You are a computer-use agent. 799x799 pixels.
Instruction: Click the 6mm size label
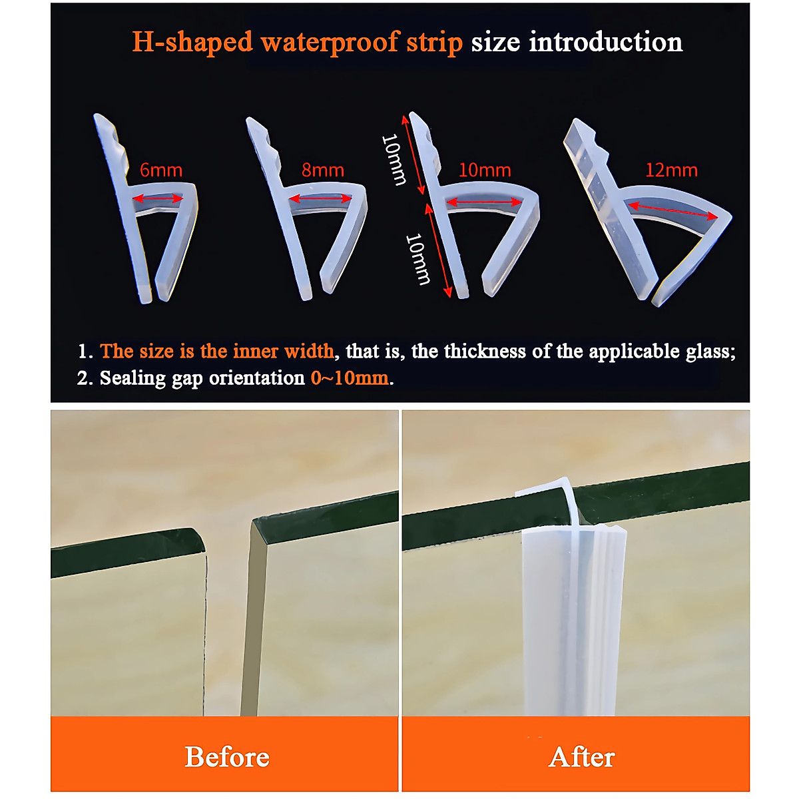(x=161, y=170)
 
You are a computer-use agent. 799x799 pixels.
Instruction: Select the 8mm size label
(x=323, y=170)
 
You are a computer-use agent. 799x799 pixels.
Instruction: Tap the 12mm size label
(x=671, y=170)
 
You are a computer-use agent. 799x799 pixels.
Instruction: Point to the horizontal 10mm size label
(x=485, y=170)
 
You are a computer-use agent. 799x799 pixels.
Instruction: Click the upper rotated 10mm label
(x=394, y=160)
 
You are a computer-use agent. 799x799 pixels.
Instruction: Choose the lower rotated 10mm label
(x=418, y=258)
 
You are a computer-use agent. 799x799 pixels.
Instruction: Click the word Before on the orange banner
(x=227, y=757)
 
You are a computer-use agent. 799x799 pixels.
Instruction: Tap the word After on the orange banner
(x=582, y=757)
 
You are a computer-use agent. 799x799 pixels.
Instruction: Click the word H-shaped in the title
(x=193, y=42)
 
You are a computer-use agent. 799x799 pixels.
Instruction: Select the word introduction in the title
(x=606, y=42)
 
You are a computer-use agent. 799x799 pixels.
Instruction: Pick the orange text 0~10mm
(x=350, y=378)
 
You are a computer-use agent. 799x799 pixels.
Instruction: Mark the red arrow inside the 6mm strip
(x=158, y=198)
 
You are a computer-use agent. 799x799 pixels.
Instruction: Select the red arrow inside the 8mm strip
(x=320, y=198)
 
